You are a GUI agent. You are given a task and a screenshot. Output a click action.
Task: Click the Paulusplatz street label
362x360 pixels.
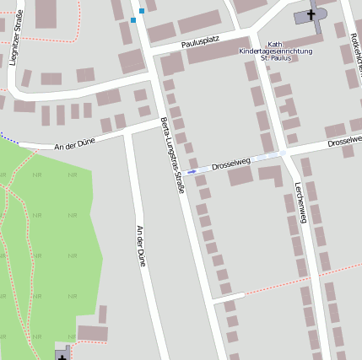201,42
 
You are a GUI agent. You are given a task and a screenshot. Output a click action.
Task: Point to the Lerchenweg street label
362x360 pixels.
299,207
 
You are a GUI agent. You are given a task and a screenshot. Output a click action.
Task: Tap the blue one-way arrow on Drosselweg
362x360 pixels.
192,171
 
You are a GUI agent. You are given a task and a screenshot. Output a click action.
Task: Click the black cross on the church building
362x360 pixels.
311,14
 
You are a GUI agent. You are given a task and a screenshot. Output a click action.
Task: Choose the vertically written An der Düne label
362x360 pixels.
141,245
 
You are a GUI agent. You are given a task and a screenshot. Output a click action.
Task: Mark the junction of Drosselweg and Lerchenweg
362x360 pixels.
284,154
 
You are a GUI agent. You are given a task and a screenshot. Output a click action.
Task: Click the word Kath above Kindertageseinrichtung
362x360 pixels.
274,44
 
